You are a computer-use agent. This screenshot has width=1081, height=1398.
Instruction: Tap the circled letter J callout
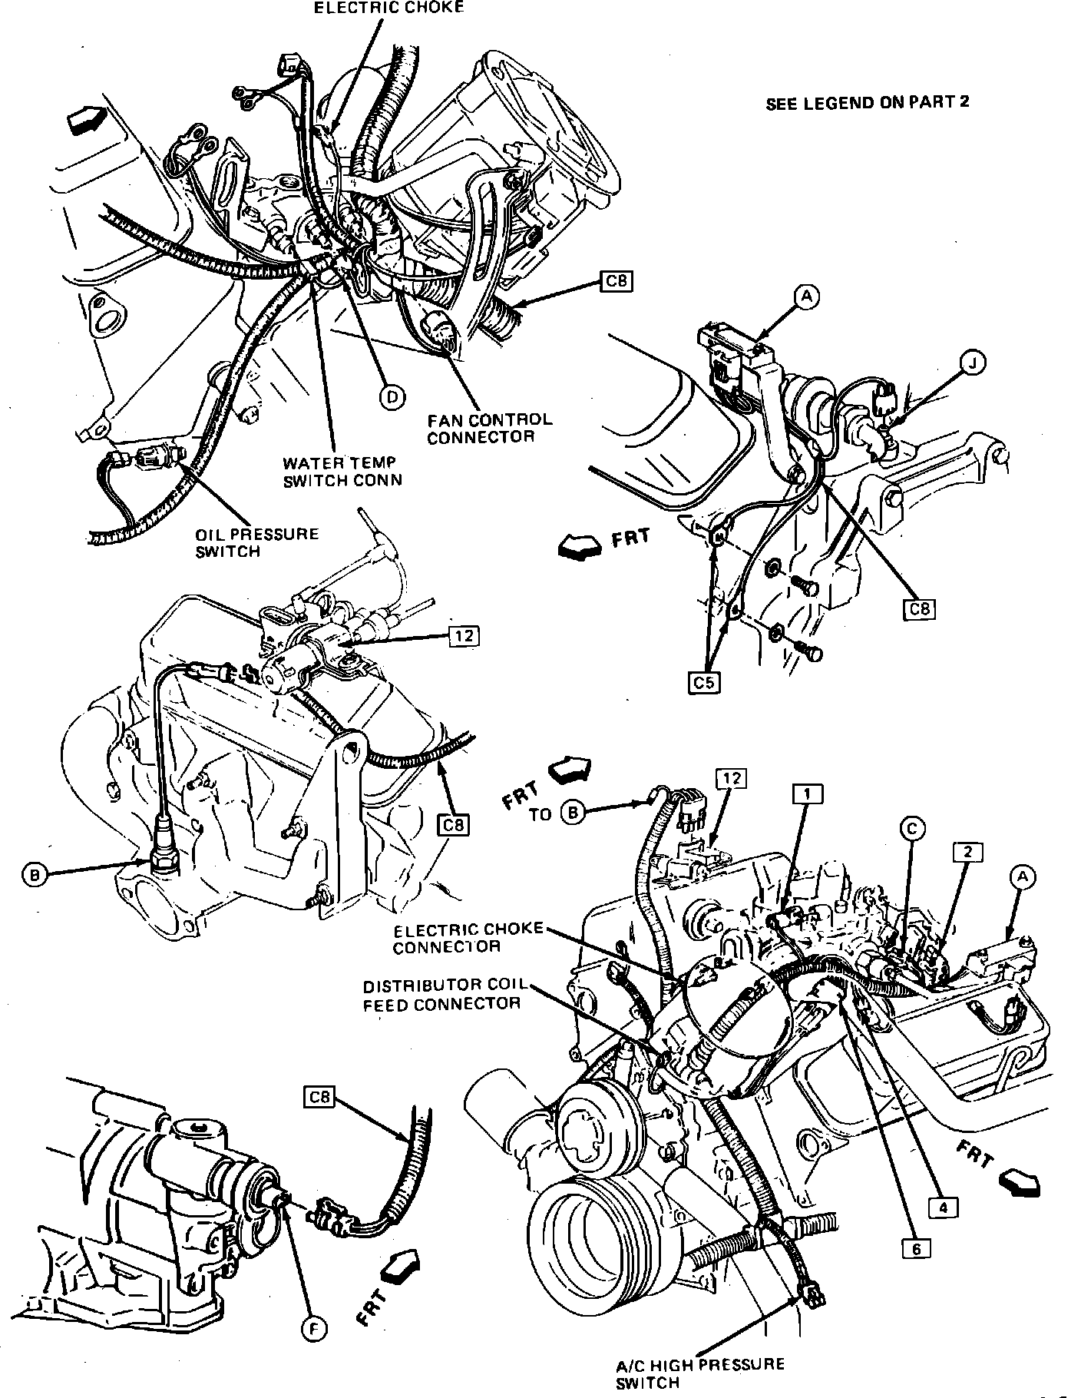(974, 363)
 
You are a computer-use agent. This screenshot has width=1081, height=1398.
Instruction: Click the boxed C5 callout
(704, 682)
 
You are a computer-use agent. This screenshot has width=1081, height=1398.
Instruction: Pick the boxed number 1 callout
(808, 793)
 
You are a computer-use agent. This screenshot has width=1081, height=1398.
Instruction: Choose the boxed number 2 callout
(968, 851)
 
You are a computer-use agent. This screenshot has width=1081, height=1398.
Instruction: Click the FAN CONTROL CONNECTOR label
(490, 429)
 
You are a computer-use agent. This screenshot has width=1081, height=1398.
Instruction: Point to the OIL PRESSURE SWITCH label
(256, 542)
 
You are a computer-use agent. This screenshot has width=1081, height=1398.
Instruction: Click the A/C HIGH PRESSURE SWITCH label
(700, 1373)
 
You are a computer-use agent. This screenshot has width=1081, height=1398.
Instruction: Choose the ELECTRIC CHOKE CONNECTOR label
(468, 937)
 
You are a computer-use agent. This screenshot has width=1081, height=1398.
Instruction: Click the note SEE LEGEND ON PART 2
(868, 102)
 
